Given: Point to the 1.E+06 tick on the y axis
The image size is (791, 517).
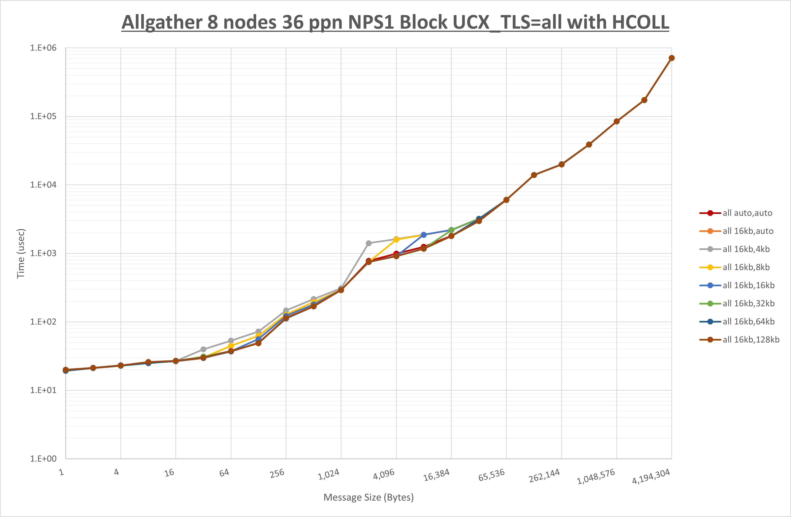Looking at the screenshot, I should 43,48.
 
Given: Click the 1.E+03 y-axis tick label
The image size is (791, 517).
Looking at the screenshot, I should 43,253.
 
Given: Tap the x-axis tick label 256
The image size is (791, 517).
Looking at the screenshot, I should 277,473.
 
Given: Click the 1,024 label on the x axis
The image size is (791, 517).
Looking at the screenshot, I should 328,474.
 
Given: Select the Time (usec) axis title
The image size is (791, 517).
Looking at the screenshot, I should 21,253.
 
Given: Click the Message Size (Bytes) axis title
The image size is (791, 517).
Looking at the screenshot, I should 369,497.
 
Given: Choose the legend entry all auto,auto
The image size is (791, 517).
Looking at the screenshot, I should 747,213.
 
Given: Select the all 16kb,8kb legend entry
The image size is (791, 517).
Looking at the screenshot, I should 746,267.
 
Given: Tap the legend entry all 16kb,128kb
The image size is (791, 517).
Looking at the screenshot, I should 751,340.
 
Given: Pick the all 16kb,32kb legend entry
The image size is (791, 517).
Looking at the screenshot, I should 748,303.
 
